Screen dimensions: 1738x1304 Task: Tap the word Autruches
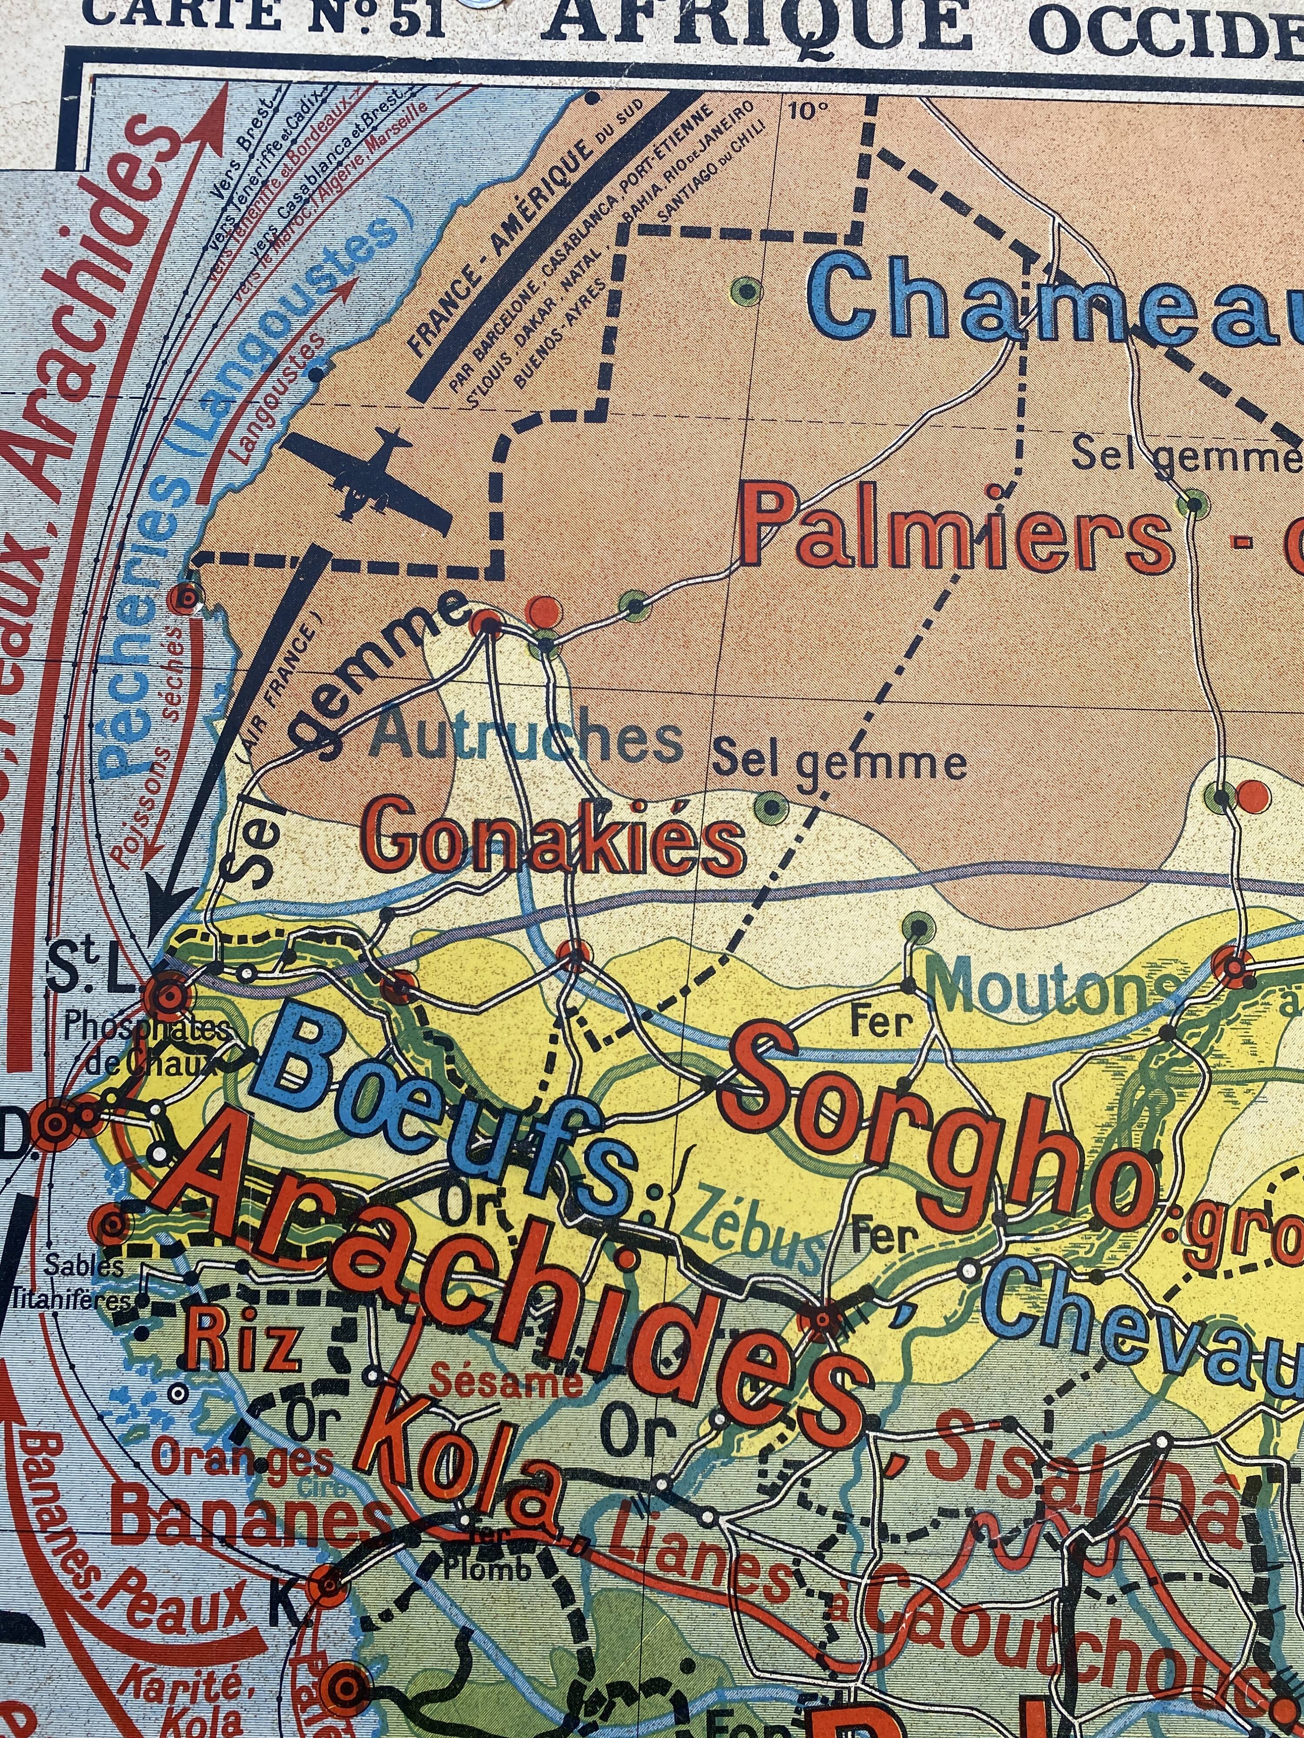527,739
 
